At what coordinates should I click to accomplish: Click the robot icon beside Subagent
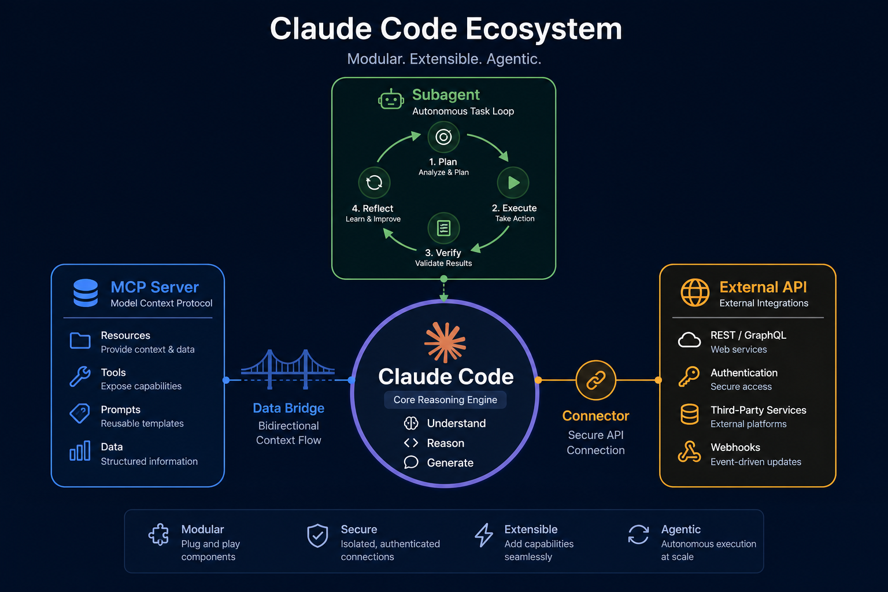click(391, 99)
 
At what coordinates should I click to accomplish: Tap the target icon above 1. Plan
click(443, 137)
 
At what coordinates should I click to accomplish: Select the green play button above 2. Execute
click(513, 182)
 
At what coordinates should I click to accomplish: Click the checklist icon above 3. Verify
click(443, 228)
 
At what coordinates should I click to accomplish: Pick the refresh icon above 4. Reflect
click(374, 183)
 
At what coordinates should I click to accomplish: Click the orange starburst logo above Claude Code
click(445, 342)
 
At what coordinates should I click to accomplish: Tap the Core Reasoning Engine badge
click(445, 399)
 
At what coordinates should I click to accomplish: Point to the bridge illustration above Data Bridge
click(288, 369)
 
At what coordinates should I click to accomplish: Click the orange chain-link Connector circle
click(596, 380)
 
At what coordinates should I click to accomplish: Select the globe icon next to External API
click(695, 293)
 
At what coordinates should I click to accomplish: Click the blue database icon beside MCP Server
click(86, 293)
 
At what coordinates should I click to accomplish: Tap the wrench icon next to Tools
click(80, 376)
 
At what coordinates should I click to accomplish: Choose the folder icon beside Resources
click(80, 341)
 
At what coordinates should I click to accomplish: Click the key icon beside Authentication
click(689, 376)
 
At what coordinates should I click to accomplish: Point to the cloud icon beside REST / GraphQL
click(689, 340)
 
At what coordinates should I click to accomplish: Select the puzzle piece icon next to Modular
click(158, 535)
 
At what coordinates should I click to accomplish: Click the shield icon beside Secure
click(317, 536)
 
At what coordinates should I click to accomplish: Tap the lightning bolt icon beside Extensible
click(484, 535)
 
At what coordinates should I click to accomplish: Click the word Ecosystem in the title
click(543, 29)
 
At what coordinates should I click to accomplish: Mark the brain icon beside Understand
click(410, 424)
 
